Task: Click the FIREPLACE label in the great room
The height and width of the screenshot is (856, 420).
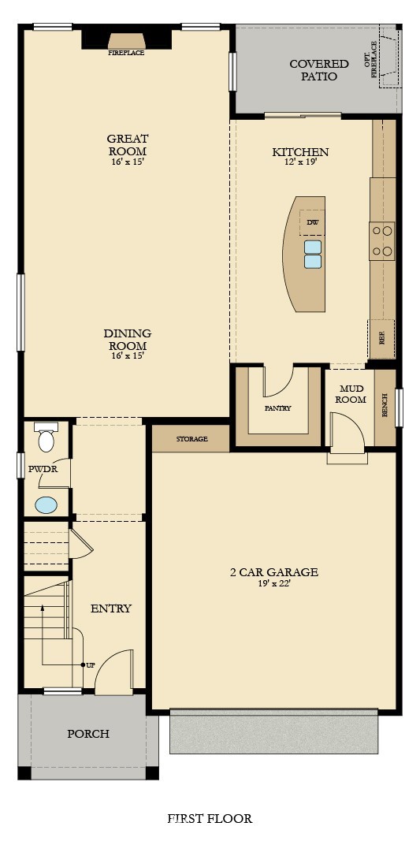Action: tap(126, 53)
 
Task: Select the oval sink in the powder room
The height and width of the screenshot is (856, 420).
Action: tap(46, 505)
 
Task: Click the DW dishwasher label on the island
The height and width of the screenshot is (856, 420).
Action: tap(312, 222)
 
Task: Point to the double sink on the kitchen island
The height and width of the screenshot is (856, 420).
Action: tap(313, 255)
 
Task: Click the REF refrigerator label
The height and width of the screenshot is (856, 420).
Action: tap(382, 338)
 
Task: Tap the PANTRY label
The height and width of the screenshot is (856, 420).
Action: tap(278, 408)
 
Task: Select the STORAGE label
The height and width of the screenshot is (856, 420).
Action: tap(192, 439)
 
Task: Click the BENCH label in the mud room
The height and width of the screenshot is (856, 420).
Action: tap(385, 405)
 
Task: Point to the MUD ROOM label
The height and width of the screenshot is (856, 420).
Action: tap(351, 394)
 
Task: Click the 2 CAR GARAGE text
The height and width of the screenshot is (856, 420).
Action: tap(273, 572)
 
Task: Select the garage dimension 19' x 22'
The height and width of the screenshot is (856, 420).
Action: tap(273, 583)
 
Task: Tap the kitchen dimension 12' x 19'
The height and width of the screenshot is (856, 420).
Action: tap(300, 162)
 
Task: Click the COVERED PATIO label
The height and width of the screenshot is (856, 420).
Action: tap(319, 70)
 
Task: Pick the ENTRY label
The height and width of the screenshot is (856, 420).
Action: tap(111, 609)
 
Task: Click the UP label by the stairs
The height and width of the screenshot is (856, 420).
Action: tap(91, 665)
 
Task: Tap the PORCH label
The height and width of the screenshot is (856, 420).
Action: tap(88, 734)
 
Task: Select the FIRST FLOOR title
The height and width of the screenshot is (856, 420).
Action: tap(210, 818)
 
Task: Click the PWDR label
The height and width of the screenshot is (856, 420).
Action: tap(43, 469)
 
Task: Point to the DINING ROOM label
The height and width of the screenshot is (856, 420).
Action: tap(128, 340)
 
